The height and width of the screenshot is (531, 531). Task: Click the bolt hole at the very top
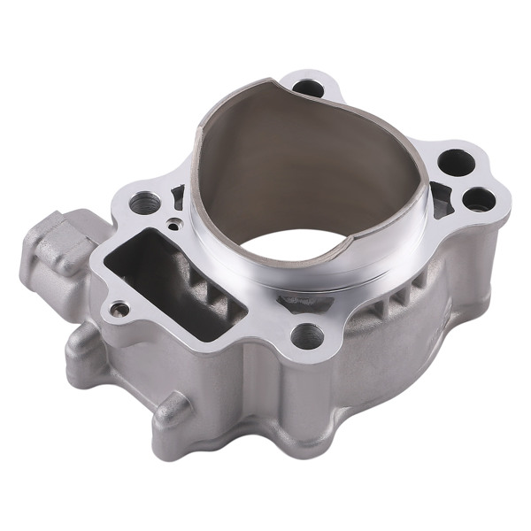(308, 88)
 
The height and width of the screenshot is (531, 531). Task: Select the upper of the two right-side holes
(453, 162)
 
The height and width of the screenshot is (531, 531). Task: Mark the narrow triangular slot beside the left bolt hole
(178, 196)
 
